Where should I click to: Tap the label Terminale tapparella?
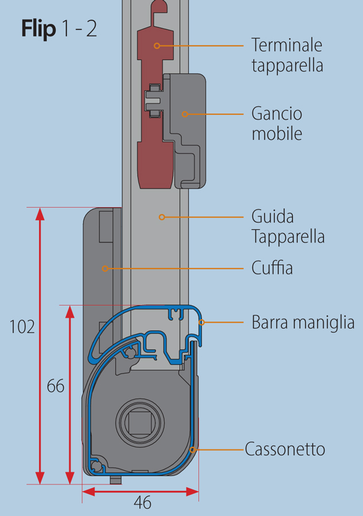(287, 55)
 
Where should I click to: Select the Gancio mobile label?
(276, 123)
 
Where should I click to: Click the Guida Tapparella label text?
(288, 226)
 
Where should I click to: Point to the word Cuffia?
(272, 268)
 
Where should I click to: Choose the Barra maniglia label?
(303, 322)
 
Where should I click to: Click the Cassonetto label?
(285, 449)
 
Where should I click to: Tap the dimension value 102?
(22, 327)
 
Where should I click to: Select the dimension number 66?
(56, 386)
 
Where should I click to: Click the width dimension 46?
(142, 503)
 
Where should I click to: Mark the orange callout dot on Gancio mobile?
(185, 114)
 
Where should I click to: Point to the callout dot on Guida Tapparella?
(162, 217)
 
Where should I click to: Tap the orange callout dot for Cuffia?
(104, 268)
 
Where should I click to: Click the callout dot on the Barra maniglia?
(201, 322)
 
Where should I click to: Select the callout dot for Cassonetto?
(193, 449)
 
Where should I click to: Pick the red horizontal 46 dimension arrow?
(140, 491)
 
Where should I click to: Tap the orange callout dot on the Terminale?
(156, 45)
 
